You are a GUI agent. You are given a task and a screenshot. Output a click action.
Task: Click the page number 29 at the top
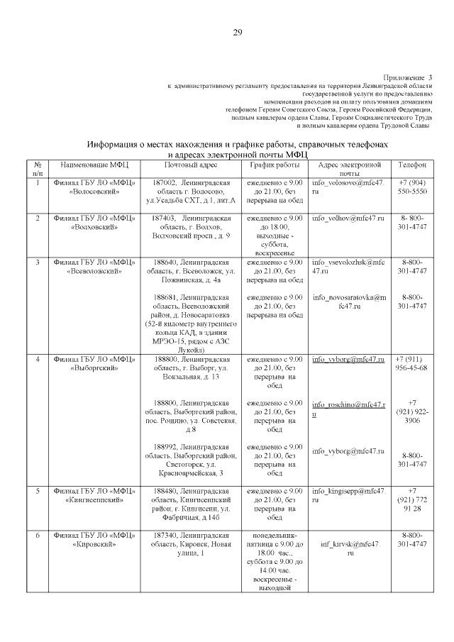point(238,31)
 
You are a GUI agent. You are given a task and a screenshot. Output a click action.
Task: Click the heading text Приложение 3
point(407,77)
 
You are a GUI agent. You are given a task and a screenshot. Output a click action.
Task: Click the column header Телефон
point(412,164)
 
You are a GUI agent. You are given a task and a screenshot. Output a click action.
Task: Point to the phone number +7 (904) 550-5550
point(412,187)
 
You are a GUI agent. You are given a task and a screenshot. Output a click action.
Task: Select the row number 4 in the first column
point(38,360)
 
